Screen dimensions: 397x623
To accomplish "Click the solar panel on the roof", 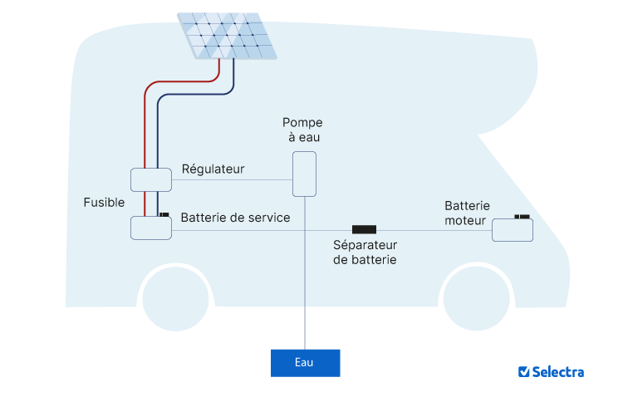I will pos(227,36).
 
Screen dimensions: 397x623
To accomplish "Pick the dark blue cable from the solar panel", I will pos(158,133).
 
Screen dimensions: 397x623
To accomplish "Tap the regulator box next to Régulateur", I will pos(151,179).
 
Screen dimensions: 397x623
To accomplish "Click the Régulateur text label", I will pos(213,169).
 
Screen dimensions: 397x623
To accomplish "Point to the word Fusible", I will pos(104,203).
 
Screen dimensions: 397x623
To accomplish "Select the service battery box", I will pos(151,228).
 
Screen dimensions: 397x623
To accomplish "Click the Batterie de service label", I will pos(235,218).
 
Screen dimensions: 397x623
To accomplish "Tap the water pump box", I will pos(304,174).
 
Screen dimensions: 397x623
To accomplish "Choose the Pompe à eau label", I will pos(302,130).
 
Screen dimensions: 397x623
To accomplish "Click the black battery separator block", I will pos(364,229).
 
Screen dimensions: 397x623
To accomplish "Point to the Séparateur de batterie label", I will pos(365,252).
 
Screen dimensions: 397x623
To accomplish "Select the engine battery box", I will pos(513,230).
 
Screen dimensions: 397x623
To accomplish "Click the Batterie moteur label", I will pos(467,213).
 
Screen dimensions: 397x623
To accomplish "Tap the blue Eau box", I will pos(305,363).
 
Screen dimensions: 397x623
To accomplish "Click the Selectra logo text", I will pos(558,372).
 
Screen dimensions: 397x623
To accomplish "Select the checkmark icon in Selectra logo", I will pos(523,372).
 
